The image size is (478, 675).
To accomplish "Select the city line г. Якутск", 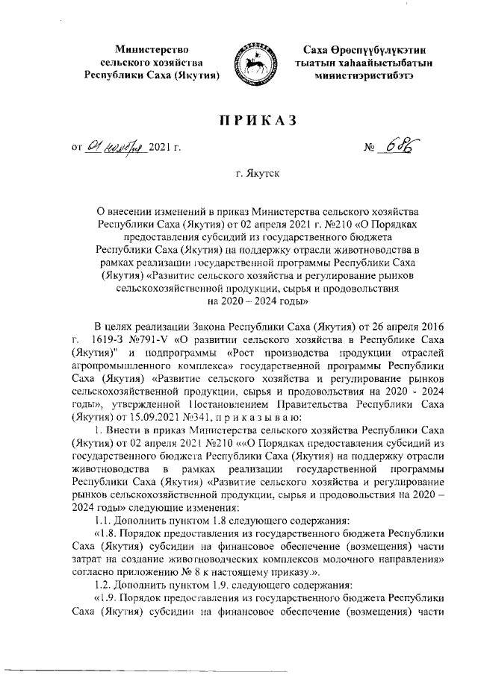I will (x=255, y=177).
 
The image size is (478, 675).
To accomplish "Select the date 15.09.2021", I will (x=154, y=416).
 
